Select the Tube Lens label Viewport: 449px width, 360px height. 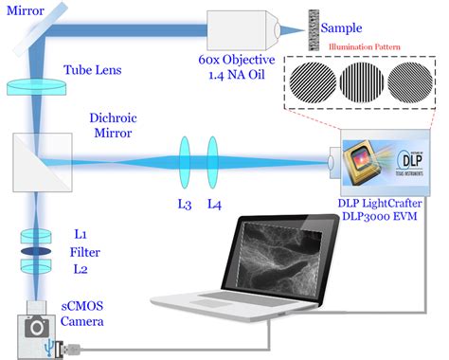point(92,69)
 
